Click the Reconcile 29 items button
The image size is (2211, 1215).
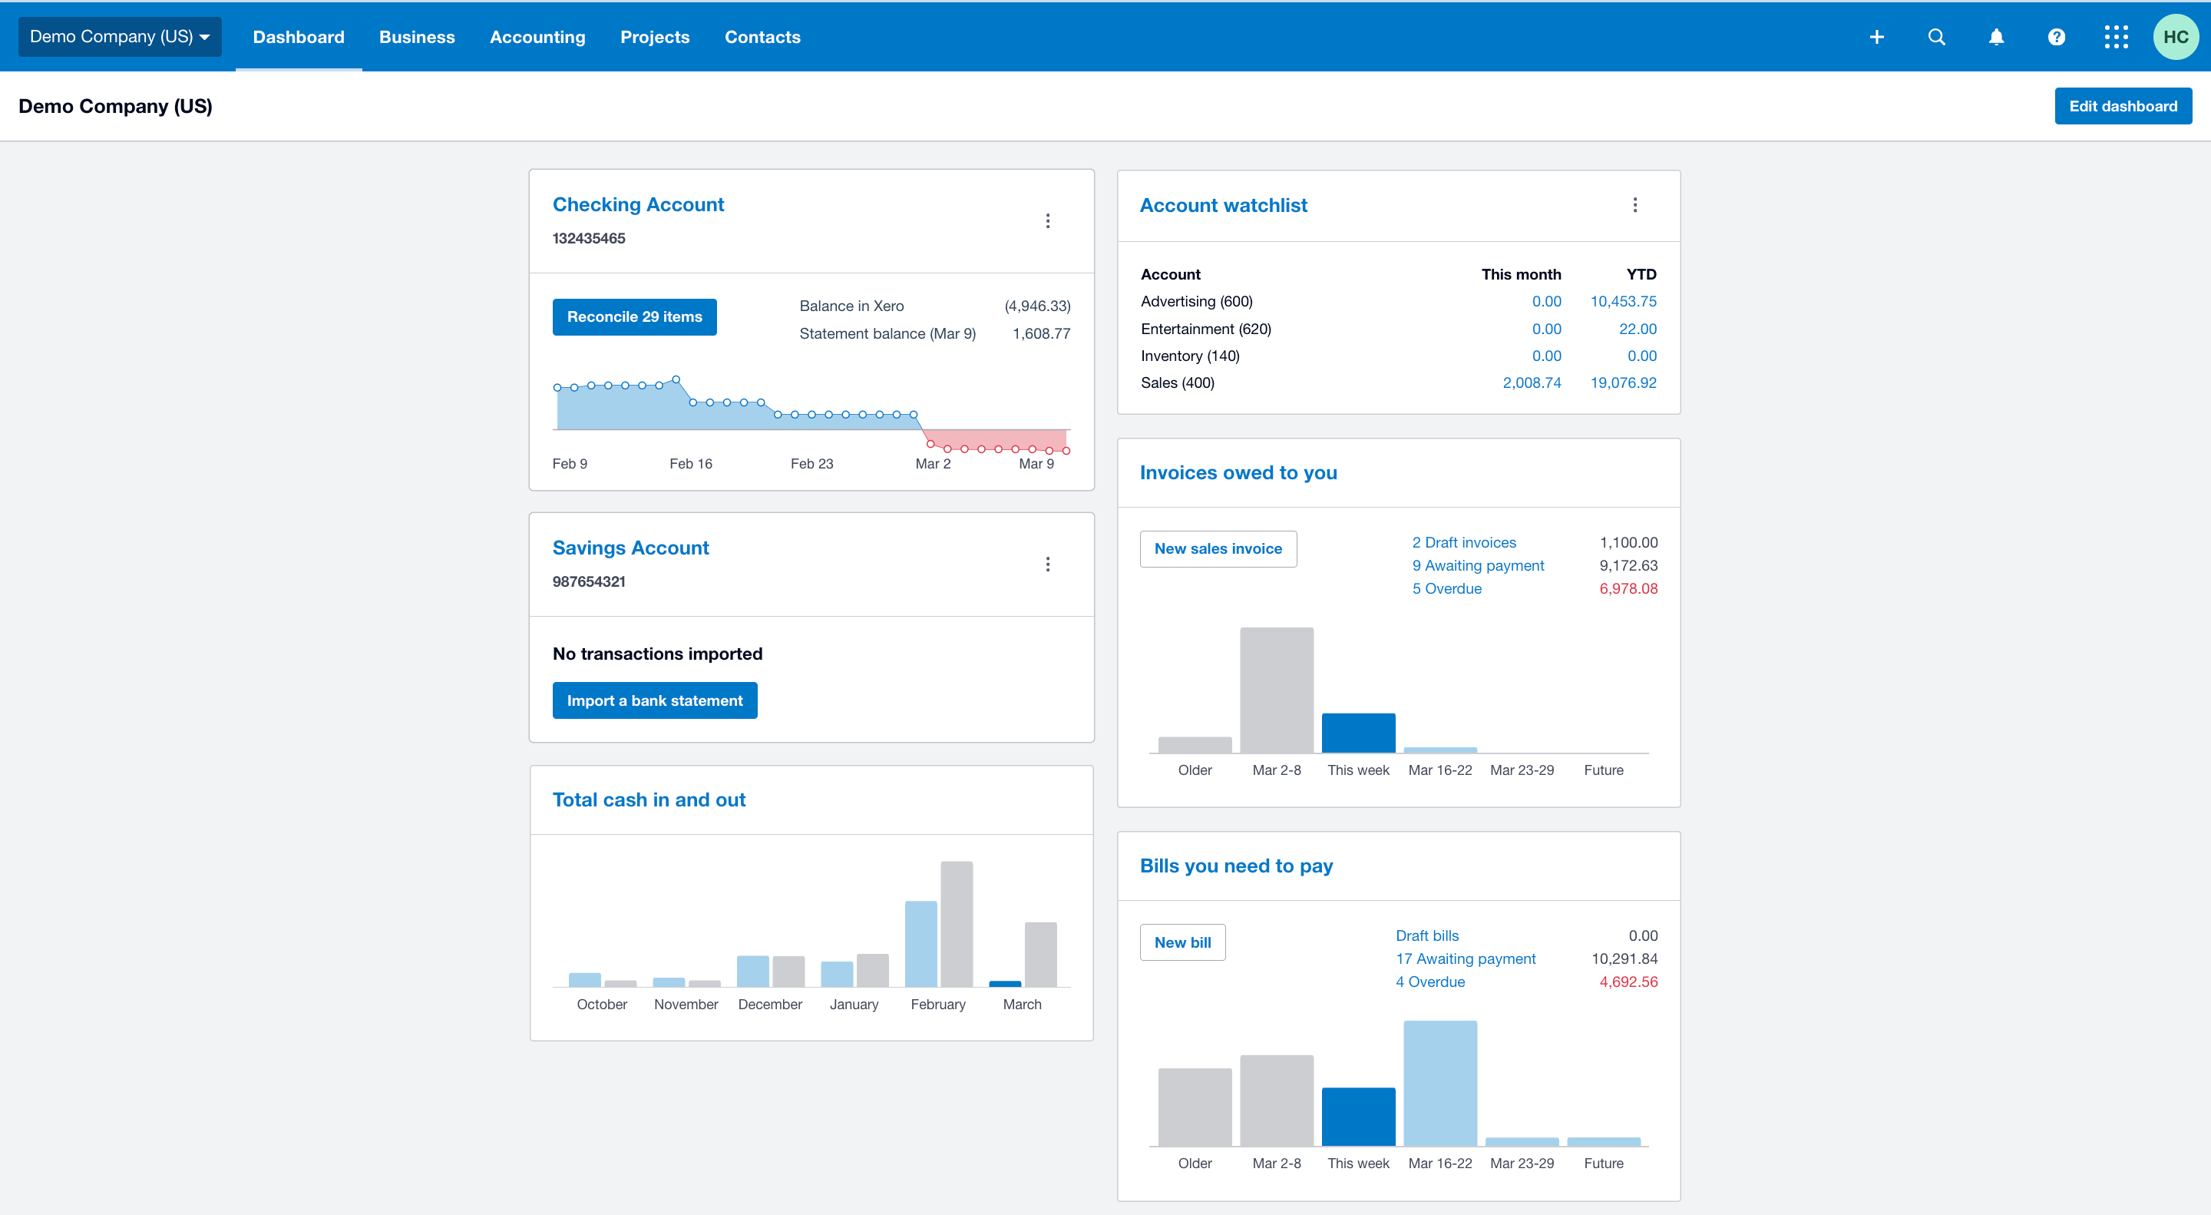[x=634, y=317]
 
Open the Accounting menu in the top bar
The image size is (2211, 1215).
[x=537, y=37]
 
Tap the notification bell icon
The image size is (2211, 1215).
[x=1996, y=37]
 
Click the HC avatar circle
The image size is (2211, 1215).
[x=2175, y=37]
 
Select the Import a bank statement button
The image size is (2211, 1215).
[x=654, y=700]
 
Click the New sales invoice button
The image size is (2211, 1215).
[x=1217, y=548]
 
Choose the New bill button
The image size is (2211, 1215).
[x=1182, y=942]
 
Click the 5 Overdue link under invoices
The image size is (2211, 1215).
[x=1446, y=588]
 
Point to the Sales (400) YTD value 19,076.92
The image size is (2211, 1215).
[x=1622, y=383]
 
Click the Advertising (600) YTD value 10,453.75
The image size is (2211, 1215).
[x=1622, y=301]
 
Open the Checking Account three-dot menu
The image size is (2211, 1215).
[x=1047, y=221]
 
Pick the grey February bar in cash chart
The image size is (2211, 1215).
[x=956, y=924]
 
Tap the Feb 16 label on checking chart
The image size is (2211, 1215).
[x=690, y=464]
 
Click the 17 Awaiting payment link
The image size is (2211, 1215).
[x=1464, y=958]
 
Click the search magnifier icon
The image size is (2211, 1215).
[x=1936, y=37]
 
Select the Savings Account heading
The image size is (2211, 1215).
[x=630, y=548]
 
